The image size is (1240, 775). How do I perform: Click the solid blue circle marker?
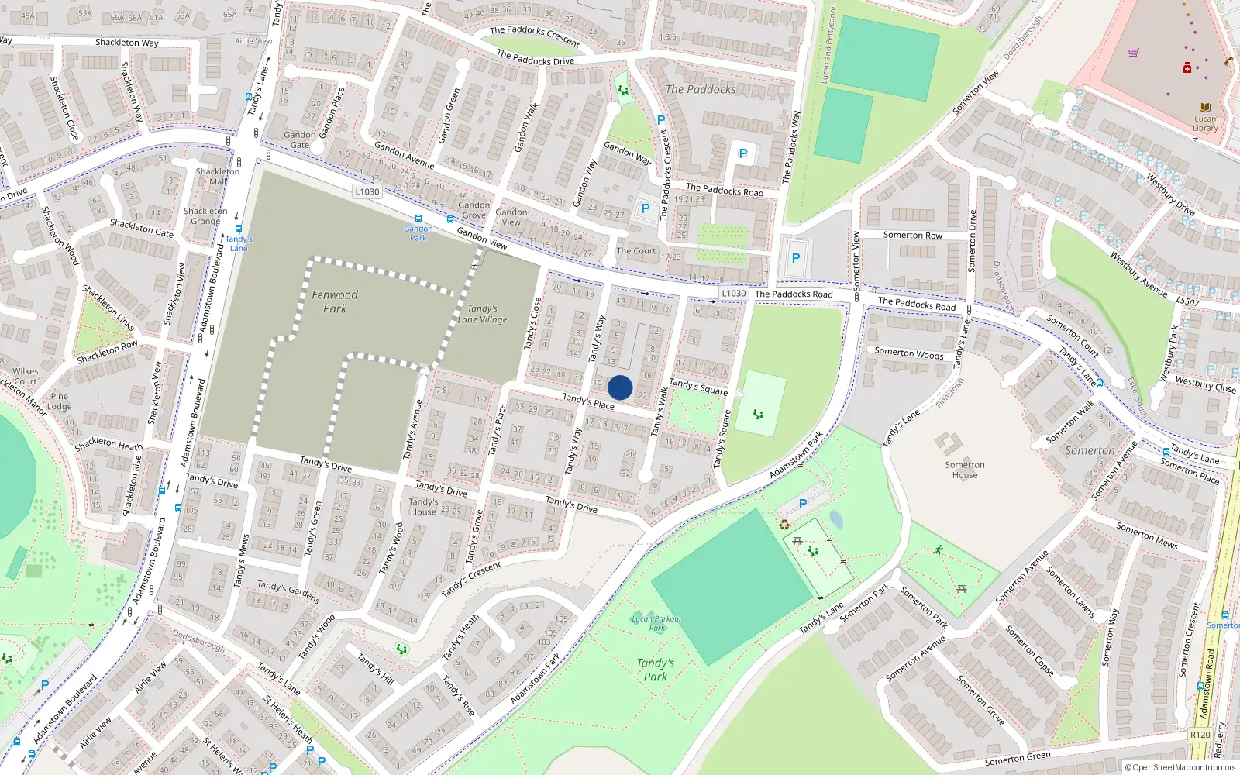point(620,387)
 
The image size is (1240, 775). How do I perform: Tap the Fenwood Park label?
point(335,301)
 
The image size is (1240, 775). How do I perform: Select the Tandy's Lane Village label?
point(482,314)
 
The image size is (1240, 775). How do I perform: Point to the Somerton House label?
point(965,470)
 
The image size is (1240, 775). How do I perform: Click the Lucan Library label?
point(1205,124)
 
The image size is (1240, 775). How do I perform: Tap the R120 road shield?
point(1200,735)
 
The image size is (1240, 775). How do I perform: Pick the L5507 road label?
point(1187,301)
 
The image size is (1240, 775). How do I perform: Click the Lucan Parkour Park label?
point(656,623)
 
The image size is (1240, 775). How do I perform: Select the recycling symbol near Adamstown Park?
point(784,525)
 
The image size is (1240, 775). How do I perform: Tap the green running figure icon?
point(939,550)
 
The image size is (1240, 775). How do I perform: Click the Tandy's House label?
point(423,507)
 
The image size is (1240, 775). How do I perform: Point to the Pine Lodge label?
point(60,401)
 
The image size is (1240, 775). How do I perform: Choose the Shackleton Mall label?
point(218,177)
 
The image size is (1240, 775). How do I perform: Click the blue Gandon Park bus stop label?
point(418,233)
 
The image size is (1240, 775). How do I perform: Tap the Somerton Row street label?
point(913,235)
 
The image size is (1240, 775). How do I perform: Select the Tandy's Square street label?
point(699,386)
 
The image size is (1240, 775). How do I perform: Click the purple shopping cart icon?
point(1134,53)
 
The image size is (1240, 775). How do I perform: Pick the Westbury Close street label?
point(1206,384)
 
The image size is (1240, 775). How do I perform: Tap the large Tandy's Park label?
point(656,670)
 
